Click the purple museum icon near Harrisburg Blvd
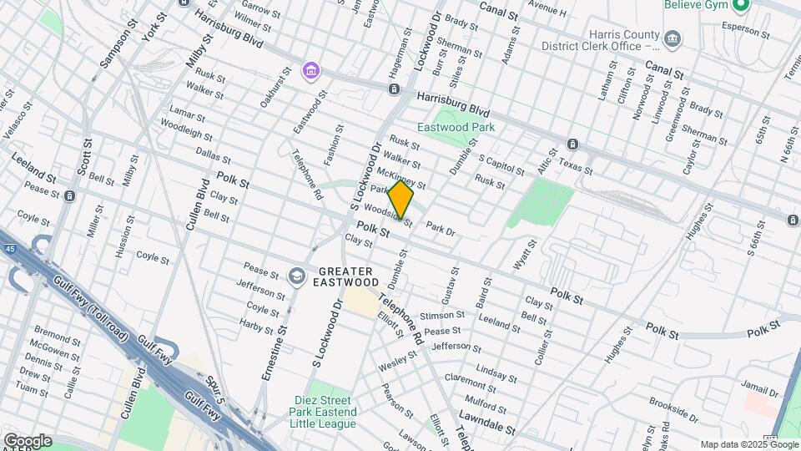pos(311,72)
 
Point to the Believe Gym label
pos(698,6)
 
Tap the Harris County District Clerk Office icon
pos(671,38)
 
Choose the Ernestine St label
pos(275,353)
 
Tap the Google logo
pos(27,441)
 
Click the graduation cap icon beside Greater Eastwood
pos(296,276)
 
